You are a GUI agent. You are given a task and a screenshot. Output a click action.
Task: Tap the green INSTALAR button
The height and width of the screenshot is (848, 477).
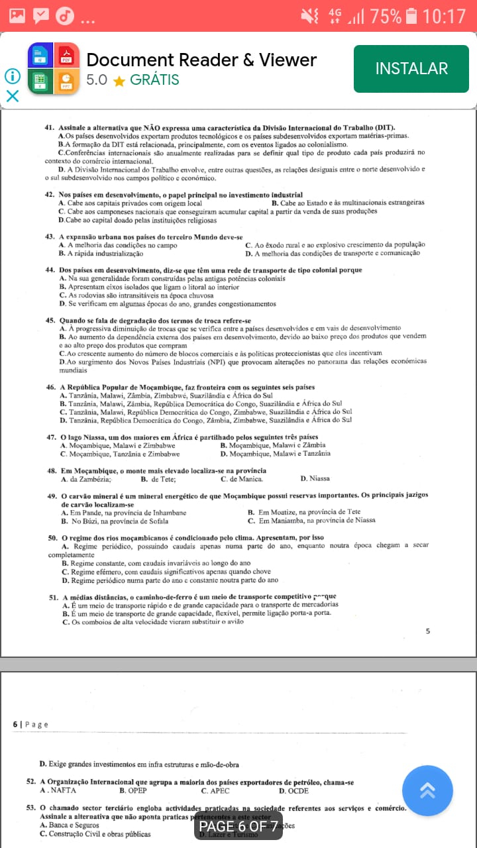click(x=411, y=68)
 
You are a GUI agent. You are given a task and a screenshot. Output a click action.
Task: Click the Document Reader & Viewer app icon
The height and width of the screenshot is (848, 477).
click(x=53, y=69)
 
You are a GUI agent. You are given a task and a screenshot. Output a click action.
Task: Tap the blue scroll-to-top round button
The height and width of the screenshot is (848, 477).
click(x=427, y=790)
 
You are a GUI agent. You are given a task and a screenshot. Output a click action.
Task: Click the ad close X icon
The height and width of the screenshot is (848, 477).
click(x=13, y=96)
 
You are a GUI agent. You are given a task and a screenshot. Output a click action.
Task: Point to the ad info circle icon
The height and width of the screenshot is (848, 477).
click(x=13, y=76)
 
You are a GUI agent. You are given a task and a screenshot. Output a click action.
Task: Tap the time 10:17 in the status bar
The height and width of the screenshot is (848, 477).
click(x=444, y=16)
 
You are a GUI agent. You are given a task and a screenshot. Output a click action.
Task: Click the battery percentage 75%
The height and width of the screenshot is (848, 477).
click(x=386, y=16)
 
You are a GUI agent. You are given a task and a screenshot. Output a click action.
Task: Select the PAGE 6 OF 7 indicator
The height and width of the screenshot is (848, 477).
click(x=238, y=826)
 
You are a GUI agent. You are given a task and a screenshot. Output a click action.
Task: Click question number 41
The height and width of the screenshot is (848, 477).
click(x=49, y=127)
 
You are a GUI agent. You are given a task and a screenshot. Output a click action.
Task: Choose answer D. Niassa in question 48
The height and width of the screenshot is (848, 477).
click(x=315, y=478)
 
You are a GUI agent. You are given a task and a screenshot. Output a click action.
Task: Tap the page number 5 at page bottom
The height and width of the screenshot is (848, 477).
click(x=427, y=631)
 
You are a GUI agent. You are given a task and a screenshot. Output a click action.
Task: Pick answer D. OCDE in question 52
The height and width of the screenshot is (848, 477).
click(x=293, y=790)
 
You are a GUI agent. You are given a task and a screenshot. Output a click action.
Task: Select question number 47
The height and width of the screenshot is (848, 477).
click(x=51, y=437)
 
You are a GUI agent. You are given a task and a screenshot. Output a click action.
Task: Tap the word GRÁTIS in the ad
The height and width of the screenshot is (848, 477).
click(x=154, y=80)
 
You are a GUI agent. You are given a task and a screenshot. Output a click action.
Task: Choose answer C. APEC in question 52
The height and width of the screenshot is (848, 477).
click(x=215, y=790)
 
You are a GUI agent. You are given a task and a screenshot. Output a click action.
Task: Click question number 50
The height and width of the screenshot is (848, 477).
click(x=52, y=537)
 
